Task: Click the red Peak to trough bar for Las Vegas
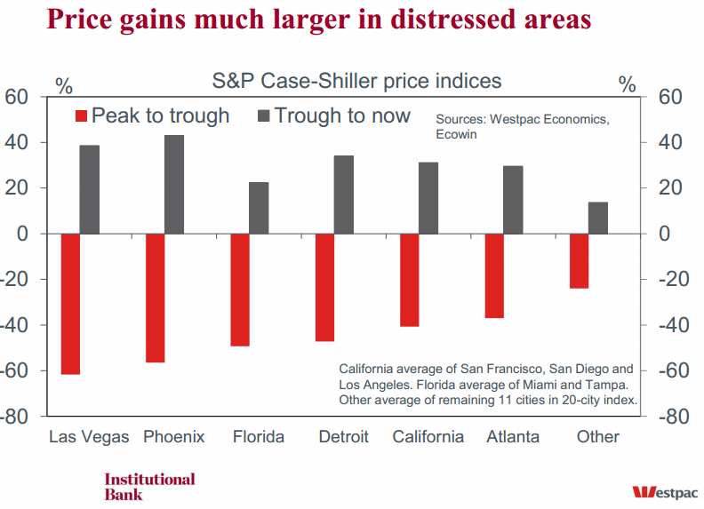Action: [70, 304]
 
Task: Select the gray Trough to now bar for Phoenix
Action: [174, 184]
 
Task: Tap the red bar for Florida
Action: [240, 290]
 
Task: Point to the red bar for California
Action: [410, 280]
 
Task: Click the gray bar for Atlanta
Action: [514, 200]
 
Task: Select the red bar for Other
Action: [579, 261]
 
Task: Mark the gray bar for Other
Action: [598, 218]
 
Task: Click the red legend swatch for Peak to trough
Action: [81, 116]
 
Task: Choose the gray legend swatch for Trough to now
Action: [264, 116]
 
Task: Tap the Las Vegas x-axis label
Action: [89, 436]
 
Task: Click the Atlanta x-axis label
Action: [513, 436]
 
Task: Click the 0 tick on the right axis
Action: [662, 234]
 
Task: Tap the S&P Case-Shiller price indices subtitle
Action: [356, 82]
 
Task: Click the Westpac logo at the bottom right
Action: [665, 491]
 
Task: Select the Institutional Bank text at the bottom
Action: [149, 486]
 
